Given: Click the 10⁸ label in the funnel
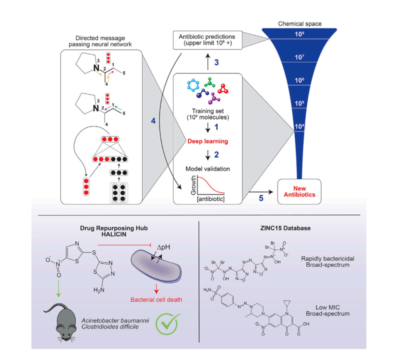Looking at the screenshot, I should click(299, 34).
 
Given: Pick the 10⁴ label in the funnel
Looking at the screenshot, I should click(299, 126).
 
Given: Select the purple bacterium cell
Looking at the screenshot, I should click(158, 270).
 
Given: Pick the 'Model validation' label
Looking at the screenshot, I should click(208, 169).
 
